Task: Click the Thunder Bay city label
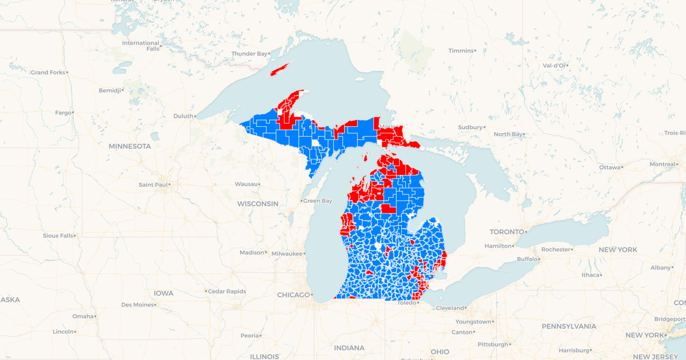pyautogui.click(x=249, y=54)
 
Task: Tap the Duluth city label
pyautogui.click(x=184, y=116)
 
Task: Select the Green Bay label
pyautogui.click(x=317, y=201)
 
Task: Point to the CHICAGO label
pyautogui.click(x=293, y=295)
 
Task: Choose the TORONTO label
pyautogui.click(x=506, y=232)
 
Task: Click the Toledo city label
pyautogui.click(x=407, y=303)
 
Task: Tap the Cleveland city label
pyautogui.click(x=450, y=308)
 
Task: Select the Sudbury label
pyautogui.click(x=470, y=127)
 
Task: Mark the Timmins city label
pyautogui.click(x=461, y=51)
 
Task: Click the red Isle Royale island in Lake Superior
pyautogui.click(x=281, y=69)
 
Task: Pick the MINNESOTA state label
pyautogui.click(x=130, y=146)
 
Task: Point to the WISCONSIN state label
pyautogui.click(x=258, y=204)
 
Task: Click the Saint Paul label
pyautogui.click(x=153, y=185)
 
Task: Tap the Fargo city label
pyautogui.click(x=63, y=113)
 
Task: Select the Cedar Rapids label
pyautogui.click(x=227, y=291)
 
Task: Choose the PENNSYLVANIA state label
pyautogui.click(x=569, y=327)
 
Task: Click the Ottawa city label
pyautogui.click(x=609, y=167)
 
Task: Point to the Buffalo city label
pyautogui.click(x=527, y=259)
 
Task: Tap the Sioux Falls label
pyautogui.click(x=58, y=235)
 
